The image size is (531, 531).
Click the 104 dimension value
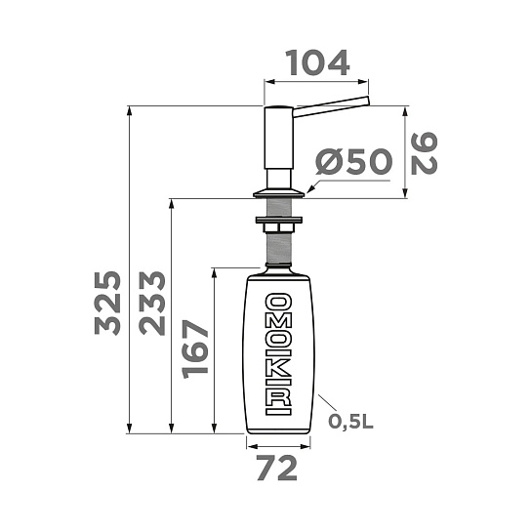317,63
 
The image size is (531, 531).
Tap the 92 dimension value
424,153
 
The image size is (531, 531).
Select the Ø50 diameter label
353,161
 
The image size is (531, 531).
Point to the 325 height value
107,304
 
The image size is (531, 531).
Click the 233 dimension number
152,304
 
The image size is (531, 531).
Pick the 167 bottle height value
194,348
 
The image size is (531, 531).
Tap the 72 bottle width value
277,468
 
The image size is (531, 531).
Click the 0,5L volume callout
350,422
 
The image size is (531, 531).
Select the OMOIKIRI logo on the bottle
278,354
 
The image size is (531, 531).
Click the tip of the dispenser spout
368,101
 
